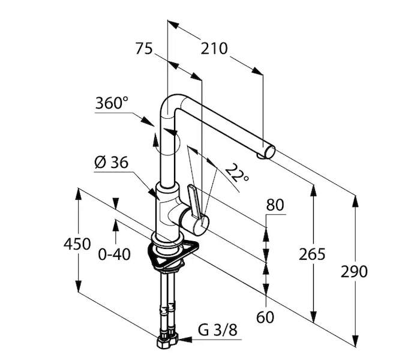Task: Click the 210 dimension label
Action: pyautogui.click(x=214, y=49)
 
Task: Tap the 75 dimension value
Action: pyautogui.click(x=144, y=49)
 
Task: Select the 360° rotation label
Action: pyautogui.click(x=112, y=103)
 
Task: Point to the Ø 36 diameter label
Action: pyautogui.click(x=112, y=163)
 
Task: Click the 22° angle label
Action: pyautogui.click(x=236, y=173)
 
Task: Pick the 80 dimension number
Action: pyautogui.click(x=275, y=205)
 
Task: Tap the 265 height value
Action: pyautogui.click(x=312, y=254)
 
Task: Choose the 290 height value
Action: pyautogui.click(x=354, y=272)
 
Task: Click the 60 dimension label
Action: pyautogui.click(x=265, y=317)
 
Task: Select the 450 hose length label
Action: pyautogui.click(x=77, y=244)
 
